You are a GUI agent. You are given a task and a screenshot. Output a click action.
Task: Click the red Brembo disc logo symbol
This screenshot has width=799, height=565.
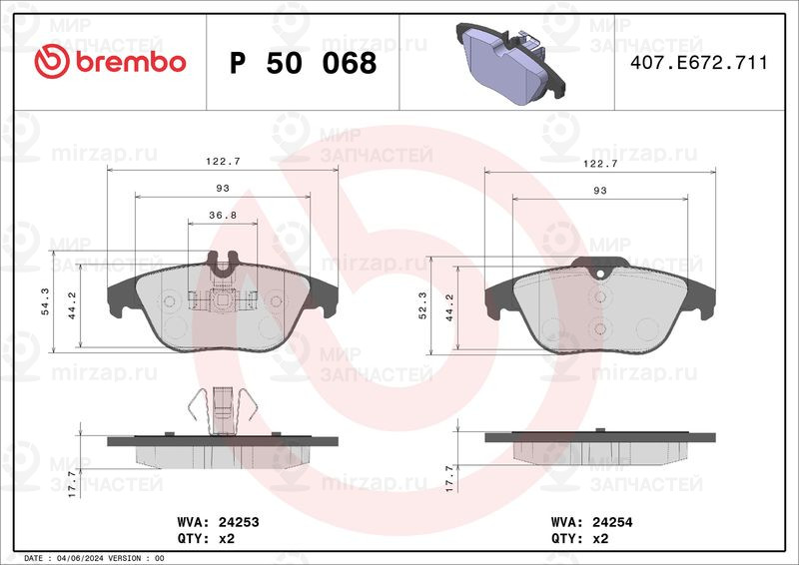coord(52,61)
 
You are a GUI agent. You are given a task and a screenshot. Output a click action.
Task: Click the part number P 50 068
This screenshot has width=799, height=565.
coord(304,63)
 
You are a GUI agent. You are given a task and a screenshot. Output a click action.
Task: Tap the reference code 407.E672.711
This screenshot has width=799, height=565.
coord(698,63)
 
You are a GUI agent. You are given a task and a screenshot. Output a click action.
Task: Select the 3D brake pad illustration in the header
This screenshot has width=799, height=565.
coord(510,63)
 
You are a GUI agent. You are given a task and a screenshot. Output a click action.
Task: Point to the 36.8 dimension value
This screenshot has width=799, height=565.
coord(223,215)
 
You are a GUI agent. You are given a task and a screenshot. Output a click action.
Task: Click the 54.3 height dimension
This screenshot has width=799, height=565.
coord(45,301)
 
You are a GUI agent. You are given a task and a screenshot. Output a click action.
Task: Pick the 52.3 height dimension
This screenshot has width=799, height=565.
coord(422,305)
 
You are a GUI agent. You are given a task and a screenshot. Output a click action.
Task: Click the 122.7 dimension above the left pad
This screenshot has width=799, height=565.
coord(223,162)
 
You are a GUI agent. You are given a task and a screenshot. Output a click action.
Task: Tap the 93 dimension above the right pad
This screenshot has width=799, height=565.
coord(600,190)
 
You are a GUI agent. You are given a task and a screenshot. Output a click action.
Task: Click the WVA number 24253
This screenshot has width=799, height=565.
coord(239,522)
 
